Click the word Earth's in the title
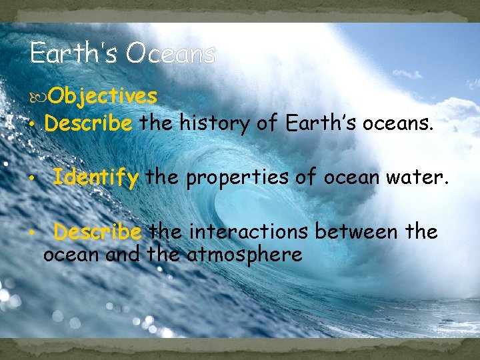pyautogui.click(x=64, y=53)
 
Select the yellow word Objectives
pyautogui.click(x=103, y=97)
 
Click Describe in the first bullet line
pyautogui.click(x=89, y=124)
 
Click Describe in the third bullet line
pyautogui.click(x=97, y=232)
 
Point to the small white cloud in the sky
pyautogui.click(x=407, y=73)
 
